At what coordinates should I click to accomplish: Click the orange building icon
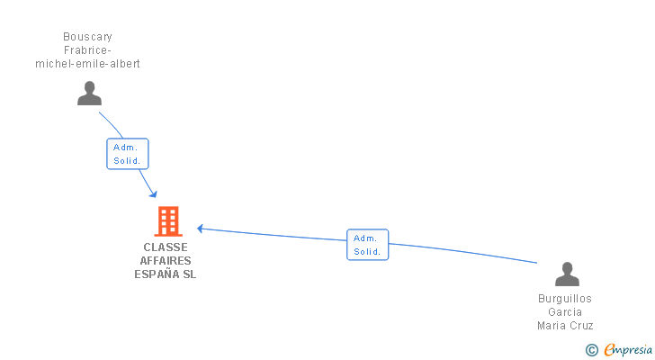pos(167,220)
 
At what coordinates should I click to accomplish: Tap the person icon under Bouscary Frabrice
pos(89,94)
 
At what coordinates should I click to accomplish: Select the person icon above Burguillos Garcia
pos(567,274)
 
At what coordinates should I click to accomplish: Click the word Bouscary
pos(87,37)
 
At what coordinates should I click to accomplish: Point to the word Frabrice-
pos(87,50)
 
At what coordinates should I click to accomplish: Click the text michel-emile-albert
pos(87,64)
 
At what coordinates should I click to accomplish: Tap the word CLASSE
pos(166,247)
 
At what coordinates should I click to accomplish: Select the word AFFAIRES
pos(166,261)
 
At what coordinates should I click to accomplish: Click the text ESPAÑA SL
pos(166,274)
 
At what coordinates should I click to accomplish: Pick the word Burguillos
pos(565,299)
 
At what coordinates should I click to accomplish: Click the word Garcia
pos(565,312)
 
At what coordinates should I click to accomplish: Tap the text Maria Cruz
pos(565,326)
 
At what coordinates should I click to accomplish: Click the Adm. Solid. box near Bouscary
pos(127,154)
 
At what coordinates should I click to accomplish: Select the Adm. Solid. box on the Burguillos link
pos(367,245)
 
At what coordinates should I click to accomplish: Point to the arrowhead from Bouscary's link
pos(154,194)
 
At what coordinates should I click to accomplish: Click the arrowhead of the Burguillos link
pos(201,229)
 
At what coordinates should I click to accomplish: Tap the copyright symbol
pos(591,349)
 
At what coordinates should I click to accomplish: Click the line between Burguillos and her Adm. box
pos(463,251)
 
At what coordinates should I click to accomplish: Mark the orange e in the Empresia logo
pos(609,349)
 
